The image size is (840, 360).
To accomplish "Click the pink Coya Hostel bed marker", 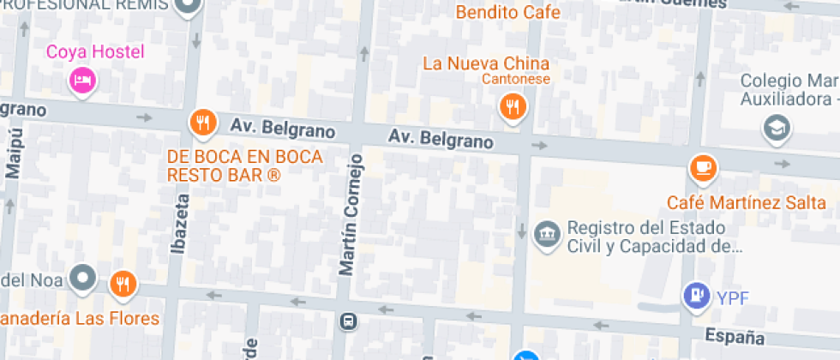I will coord(82,80).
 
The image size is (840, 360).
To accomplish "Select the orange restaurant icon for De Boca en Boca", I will coord(202,123).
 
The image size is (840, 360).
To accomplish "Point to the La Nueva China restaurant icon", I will coord(513,106).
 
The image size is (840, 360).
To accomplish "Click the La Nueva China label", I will coord(486,63).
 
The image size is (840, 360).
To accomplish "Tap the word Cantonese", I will coord(515,80).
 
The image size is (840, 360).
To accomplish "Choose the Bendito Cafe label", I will coord(507,13).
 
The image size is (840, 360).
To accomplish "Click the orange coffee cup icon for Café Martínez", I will coord(703,167).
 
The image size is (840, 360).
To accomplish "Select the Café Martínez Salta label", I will coord(747,204).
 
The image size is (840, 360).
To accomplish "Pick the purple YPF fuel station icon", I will coord(697,297).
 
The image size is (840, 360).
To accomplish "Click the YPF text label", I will coord(733,298).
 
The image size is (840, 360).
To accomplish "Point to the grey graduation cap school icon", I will coord(777,129).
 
